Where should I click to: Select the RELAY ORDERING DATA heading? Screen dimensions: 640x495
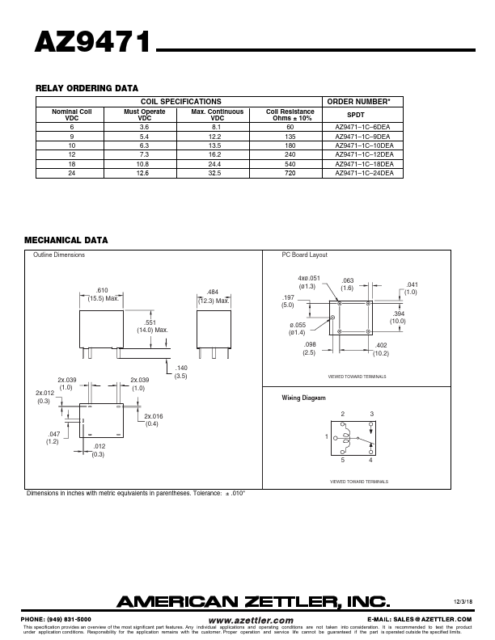87,88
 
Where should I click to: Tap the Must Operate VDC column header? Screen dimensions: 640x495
145,115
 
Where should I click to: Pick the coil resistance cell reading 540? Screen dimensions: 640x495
290,164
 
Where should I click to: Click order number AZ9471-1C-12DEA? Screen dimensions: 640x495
364,154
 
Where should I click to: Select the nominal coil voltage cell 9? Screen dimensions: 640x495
72,137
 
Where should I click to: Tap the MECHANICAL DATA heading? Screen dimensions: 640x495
66,240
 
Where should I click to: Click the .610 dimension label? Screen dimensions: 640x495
102,290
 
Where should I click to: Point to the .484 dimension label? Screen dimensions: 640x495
213,292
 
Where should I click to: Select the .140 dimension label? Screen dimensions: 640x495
180,368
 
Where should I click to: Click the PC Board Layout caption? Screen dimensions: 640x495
304,255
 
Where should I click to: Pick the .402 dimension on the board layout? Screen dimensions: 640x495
381,346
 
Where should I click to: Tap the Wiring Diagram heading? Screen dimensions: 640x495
304,398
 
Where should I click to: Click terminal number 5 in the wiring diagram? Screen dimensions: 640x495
342,461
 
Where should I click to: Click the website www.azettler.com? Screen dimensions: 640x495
251,620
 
